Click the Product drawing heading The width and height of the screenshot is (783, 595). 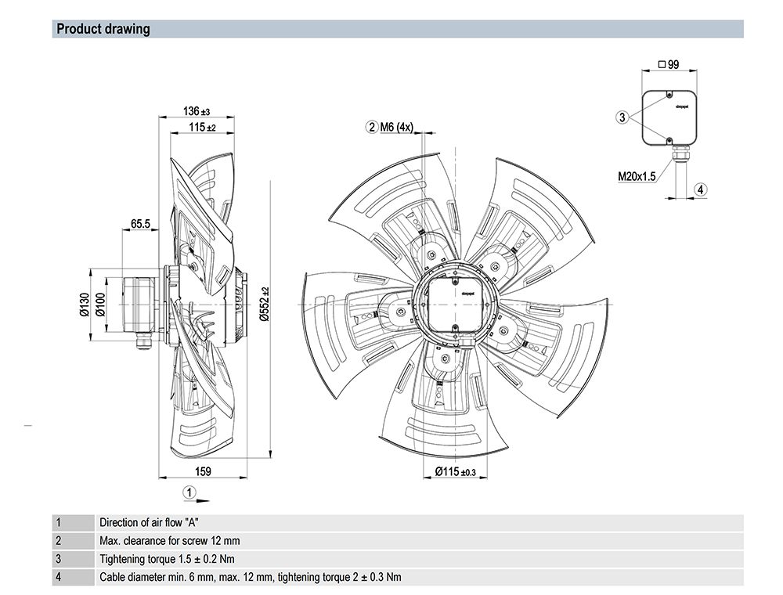point(103,30)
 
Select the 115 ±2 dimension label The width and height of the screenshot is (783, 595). point(201,127)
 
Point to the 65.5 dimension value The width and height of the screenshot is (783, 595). point(141,224)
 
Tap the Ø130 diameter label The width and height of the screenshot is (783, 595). point(85,304)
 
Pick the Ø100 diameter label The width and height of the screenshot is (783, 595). point(99,304)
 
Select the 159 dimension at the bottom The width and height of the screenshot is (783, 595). point(202,471)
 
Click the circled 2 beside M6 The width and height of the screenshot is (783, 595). point(372,128)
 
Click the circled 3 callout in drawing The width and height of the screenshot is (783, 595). point(622,117)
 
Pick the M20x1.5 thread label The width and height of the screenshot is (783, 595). point(637,177)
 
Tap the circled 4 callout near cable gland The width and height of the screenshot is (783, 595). point(701,189)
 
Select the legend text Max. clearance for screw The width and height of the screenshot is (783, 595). point(170,541)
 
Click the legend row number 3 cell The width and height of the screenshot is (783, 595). point(58,559)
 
